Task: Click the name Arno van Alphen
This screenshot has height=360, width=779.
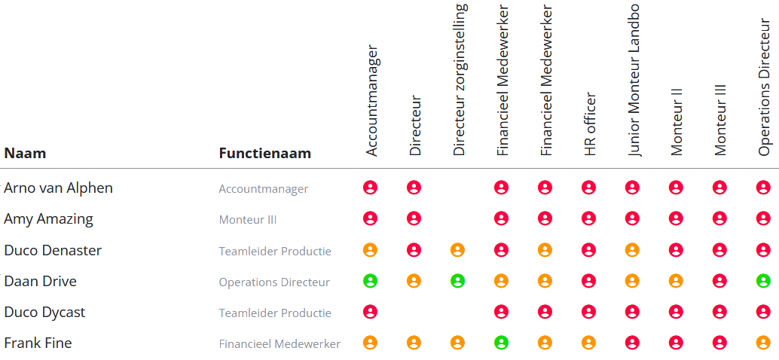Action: pos(58,188)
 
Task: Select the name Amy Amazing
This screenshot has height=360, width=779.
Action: pos(48,219)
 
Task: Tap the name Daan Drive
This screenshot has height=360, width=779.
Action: pos(40,282)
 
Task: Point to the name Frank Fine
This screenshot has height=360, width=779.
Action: pos(38,343)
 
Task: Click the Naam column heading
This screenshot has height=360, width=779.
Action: pos(25,154)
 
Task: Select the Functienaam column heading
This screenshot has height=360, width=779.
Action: pos(264,154)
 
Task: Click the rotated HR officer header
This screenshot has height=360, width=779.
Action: pos(590,124)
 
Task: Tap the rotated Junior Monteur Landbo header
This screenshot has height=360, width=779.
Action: pos(633,80)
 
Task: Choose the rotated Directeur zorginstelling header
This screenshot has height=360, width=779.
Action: pos(460,80)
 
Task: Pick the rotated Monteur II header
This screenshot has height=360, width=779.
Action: pos(676,122)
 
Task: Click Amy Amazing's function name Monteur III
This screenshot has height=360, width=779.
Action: pos(247,220)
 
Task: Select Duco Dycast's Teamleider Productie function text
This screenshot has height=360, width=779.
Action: pos(275,313)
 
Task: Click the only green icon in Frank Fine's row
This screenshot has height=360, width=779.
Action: pos(501,343)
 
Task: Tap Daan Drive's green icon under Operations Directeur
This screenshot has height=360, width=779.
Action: pos(763,281)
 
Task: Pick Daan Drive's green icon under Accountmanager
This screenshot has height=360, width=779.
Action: pos(370,281)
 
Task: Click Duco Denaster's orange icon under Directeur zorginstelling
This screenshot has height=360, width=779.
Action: pos(457,250)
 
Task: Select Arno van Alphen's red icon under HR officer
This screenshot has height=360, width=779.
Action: pos(588,188)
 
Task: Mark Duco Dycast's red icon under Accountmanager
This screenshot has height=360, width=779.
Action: pos(370,312)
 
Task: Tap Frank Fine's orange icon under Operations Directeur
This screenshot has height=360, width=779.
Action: pos(763,343)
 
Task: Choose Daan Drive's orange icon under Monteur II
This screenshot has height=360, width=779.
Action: pos(676,281)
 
